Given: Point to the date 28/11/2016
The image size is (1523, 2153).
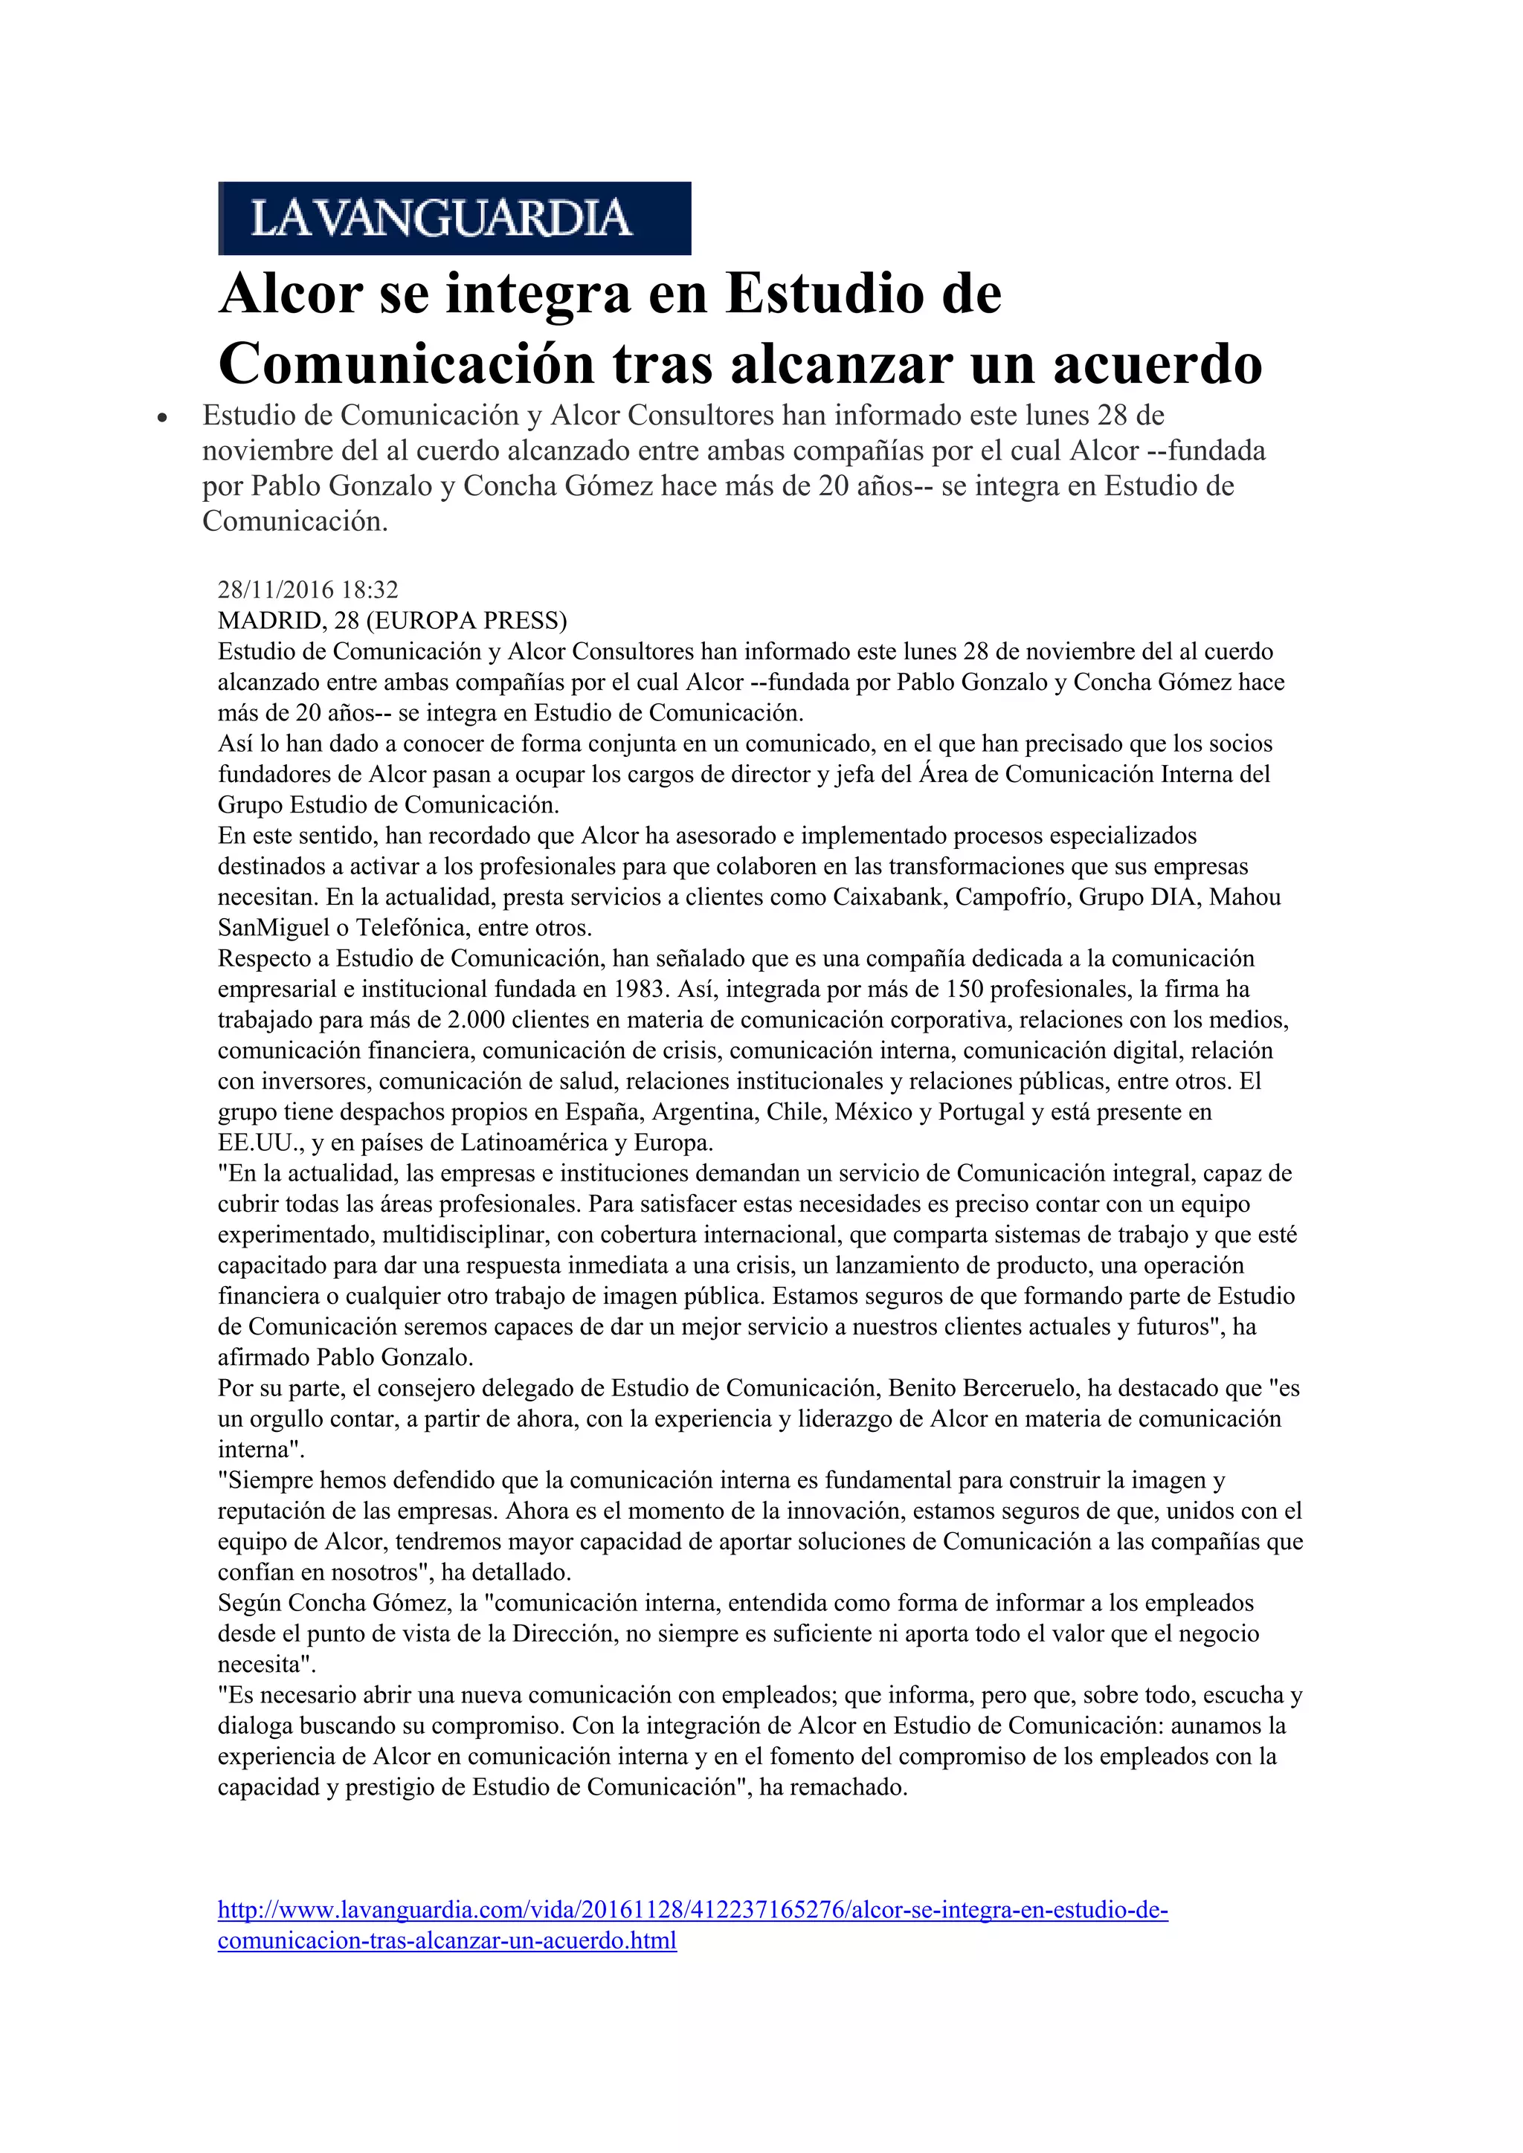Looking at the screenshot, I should coord(276,590).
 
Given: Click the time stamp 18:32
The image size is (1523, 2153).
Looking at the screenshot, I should coord(370,590).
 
